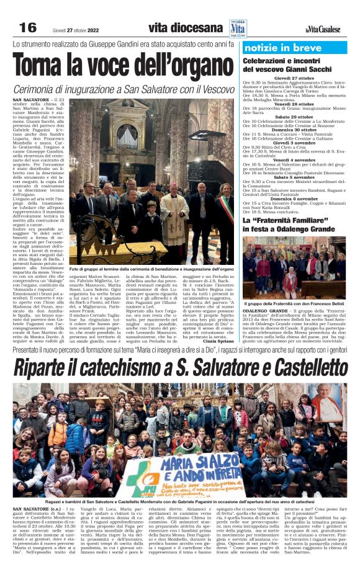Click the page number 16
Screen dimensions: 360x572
click(x=28, y=28)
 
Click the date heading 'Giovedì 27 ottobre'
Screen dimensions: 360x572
click(x=294, y=78)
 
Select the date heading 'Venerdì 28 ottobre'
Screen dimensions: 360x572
click(x=294, y=104)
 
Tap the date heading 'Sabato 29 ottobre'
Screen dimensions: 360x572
click(x=294, y=116)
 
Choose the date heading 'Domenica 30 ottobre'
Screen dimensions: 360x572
click(x=294, y=129)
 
